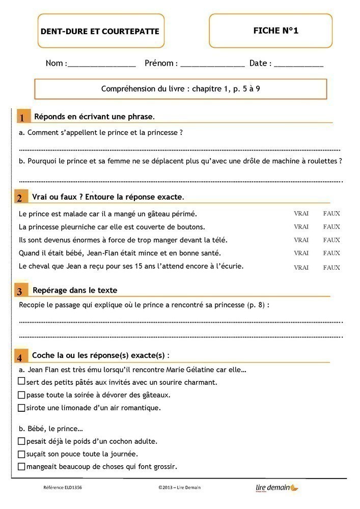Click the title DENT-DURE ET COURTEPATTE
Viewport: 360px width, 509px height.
point(100,32)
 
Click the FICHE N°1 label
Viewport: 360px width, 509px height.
point(275,31)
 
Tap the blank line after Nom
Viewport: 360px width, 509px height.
point(101,65)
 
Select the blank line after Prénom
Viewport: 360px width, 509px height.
point(212,65)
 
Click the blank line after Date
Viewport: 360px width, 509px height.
point(298,65)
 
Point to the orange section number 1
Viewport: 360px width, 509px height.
point(22,118)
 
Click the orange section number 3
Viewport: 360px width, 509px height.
point(19,292)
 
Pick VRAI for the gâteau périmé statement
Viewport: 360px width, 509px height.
point(301,214)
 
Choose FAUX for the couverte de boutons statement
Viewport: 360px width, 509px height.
point(331,227)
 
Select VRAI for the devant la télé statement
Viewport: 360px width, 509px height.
point(301,240)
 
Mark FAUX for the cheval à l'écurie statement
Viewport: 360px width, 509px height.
point(331,267)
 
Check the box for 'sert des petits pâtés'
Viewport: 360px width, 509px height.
point(21,381)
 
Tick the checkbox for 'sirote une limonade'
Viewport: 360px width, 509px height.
point(21,407)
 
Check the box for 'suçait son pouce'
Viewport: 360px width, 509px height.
point(21,454)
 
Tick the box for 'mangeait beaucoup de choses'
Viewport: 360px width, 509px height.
point(21,466)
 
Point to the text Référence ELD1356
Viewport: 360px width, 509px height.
point(63,488)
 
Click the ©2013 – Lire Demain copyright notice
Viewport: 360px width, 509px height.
point(179,488)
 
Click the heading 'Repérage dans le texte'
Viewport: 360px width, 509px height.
point(75,290)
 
